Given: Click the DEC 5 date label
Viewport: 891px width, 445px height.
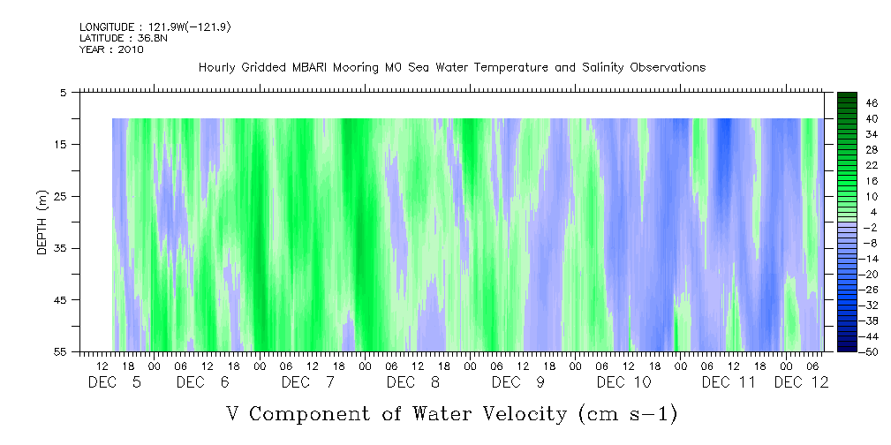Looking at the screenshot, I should pos(114,382).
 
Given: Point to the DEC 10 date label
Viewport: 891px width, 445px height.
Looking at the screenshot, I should pos(624,382).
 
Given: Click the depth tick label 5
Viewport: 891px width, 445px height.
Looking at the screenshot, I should pos(63,92).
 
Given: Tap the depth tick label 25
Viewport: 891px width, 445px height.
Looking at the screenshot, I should pos(60,196).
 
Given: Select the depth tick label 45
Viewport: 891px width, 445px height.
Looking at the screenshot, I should pos(60,300).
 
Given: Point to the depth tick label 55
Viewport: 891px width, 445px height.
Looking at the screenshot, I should pos(60,351).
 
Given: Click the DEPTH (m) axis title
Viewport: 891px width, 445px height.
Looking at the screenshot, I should pos(42,222).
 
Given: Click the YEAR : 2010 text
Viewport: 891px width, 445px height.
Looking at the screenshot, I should pos(111,49).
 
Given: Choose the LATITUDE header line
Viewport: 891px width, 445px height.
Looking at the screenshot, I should pos(123,39).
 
